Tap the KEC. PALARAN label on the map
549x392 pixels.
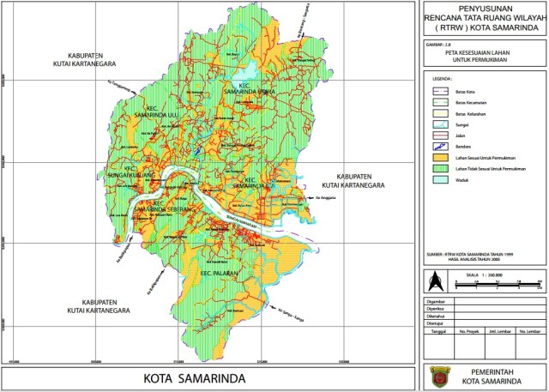(217, 274)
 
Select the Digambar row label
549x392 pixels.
(437, 302)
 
